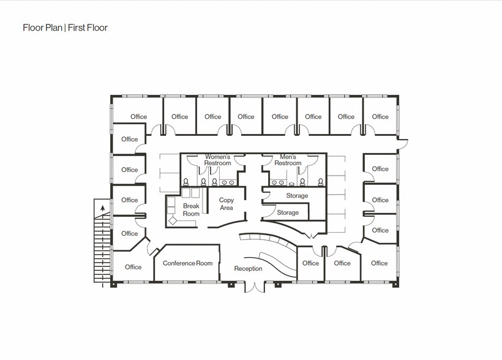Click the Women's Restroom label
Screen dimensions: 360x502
click(218, 160)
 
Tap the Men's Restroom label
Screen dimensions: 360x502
click(288, 160)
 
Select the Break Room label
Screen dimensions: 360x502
click(191, 210)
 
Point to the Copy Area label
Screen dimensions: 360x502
click(227, 204)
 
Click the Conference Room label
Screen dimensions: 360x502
click(187, 263)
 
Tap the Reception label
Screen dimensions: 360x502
click(248, 269)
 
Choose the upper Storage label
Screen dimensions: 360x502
click(297, 196)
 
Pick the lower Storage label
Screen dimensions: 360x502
click(288, 212)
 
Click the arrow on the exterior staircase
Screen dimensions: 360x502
click(102, 209)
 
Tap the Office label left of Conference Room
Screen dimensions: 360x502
click(133, 267)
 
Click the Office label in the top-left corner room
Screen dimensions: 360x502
click(139, 117)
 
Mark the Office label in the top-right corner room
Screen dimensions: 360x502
click(380, 117)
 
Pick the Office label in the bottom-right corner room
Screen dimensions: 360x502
click(379, 263)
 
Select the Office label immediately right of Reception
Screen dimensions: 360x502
click(310, 263)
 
